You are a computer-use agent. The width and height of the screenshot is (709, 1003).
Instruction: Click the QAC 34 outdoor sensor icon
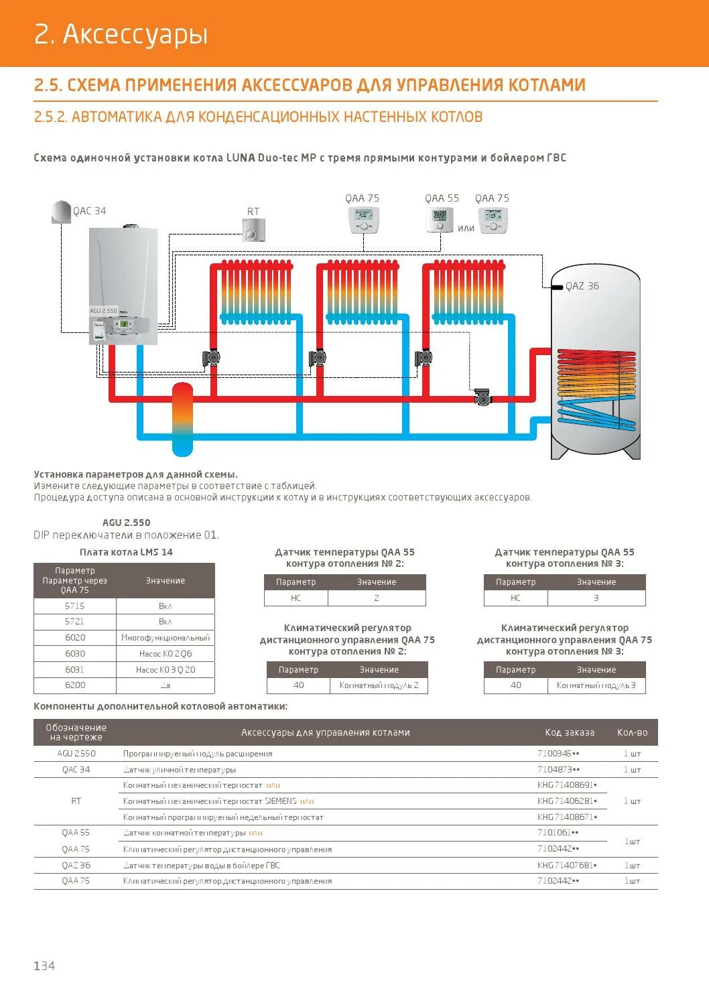[61, 211]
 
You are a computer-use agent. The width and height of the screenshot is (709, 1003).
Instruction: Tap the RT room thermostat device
[254, 230]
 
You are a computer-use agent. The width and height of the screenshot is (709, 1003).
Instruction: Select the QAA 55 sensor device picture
[440, 219]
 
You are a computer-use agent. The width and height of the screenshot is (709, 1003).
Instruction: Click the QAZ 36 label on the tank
[582, 286]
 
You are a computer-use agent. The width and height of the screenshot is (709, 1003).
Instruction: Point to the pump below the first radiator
[212, 358]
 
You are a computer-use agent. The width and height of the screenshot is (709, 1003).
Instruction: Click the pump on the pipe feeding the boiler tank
[482, 397]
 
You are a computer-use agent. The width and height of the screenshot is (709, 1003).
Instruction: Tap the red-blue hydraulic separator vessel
[182, 419]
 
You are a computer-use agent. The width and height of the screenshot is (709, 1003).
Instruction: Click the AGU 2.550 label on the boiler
[103, 311]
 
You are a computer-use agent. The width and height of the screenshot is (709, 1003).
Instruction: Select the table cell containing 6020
[75, 638]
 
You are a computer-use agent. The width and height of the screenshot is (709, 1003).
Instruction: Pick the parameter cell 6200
[75, 685]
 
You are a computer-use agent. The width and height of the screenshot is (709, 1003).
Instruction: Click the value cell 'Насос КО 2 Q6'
[166, 654]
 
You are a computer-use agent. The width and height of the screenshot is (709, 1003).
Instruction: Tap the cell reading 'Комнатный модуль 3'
[596, 685]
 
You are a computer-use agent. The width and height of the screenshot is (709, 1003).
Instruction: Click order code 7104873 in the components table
[558, 770]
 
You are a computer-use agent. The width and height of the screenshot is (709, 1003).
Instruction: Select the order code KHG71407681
[566, 865]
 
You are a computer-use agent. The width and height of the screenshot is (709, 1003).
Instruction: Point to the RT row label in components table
[76, 801]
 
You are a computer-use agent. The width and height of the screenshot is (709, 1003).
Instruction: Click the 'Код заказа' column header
[570, 732]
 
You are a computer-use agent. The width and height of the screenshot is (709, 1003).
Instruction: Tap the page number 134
[44, 965]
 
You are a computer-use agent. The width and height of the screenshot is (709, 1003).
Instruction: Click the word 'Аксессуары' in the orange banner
[135, 34]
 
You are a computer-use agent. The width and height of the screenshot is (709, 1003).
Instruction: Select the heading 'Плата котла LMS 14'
[126, 552]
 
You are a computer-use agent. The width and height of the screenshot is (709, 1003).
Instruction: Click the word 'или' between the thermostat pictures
[466, 228]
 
